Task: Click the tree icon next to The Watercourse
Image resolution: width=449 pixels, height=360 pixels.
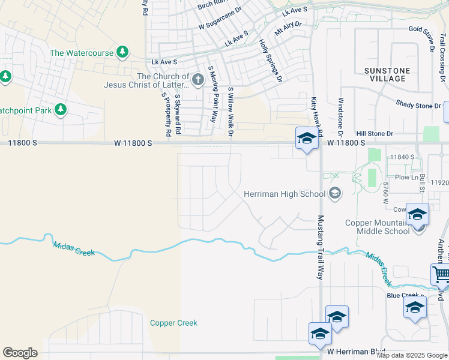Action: pos(122,52)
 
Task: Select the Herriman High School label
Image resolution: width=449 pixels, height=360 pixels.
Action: pos(285,193)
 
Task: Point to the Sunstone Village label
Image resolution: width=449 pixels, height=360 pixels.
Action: pos(388,74)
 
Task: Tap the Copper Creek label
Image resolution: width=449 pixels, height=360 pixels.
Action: pos(173,323)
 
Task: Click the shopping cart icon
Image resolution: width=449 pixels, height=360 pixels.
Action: pos(441,275)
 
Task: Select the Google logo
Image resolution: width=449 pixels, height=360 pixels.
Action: pos(20,353)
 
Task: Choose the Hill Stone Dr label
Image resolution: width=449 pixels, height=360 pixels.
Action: pos(374,134)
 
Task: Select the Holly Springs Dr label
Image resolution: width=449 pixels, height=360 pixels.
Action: pos(270,60)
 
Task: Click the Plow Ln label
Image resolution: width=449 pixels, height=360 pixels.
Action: pos(406,177)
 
